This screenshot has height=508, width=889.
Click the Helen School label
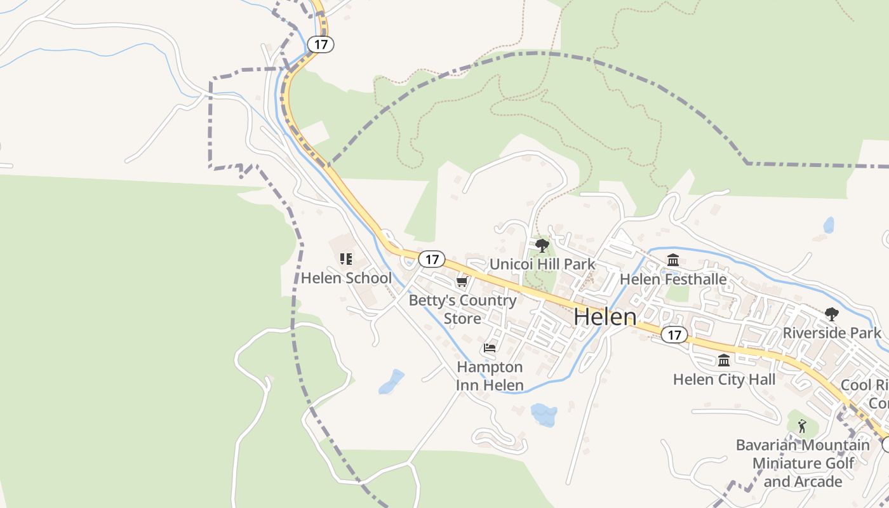pos(346,278)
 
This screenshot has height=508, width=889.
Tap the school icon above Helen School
pos(346,259)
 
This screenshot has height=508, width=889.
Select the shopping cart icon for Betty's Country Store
pos(462,282)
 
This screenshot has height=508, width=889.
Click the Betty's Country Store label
pos(462,309)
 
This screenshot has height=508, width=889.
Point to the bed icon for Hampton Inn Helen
pos(490,348)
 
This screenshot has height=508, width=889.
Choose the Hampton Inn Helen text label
pos(490,376)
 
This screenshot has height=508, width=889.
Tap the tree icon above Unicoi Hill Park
pos(542,246)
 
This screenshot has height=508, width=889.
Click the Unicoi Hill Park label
pos(542,264)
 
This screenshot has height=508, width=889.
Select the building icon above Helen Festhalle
pos(673,260)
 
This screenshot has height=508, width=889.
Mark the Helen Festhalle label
pos(673,279)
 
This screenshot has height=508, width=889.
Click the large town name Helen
pos(605,317)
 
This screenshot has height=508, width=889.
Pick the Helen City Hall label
pos(724,380)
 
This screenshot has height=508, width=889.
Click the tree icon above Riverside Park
pos(831,314)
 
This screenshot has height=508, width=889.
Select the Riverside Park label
pos(832,333)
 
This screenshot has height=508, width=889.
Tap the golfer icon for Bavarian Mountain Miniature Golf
pos(802,426)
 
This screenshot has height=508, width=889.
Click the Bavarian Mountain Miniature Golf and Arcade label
pos(803,463)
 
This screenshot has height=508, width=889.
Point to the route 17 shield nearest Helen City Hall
pos(674,334)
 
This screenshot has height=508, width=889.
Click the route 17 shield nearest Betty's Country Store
pos(432,259)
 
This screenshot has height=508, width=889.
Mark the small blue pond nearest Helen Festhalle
pos(829,225)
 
